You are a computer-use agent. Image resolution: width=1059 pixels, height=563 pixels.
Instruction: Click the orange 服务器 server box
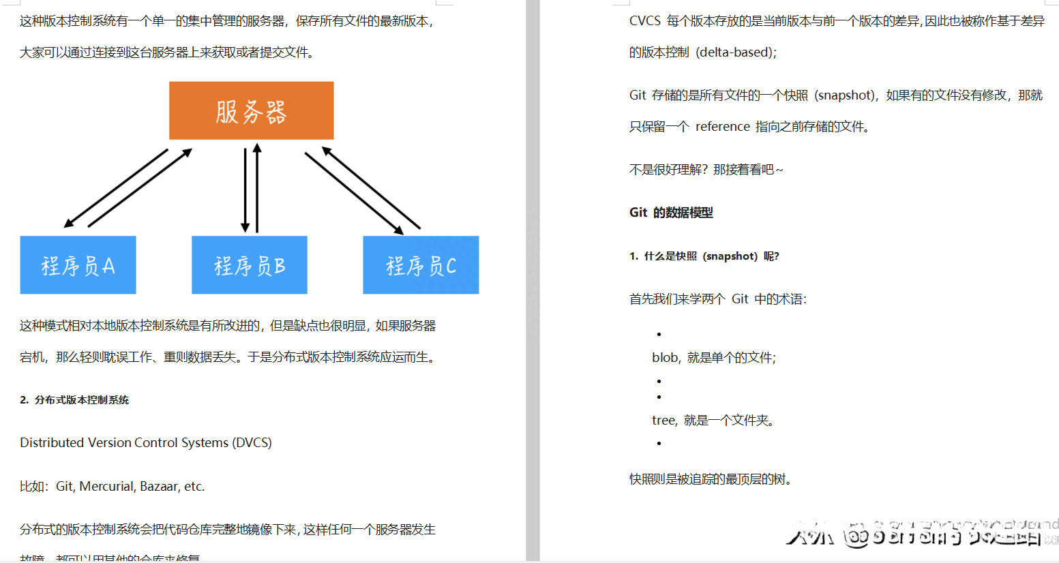coord(251,110)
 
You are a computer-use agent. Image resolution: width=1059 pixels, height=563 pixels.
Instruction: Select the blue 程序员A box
coord(78,265)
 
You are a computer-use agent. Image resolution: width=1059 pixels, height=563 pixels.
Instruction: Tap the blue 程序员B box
coord(250,265)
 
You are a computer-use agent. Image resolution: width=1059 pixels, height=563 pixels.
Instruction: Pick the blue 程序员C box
coord(421,265)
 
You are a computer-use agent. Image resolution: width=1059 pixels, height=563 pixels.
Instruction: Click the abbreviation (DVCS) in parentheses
coord(252,443)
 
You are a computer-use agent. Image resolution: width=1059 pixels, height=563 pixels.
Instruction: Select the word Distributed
coord(52,443)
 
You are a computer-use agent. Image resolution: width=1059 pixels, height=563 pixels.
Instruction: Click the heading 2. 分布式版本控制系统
coord(74,400)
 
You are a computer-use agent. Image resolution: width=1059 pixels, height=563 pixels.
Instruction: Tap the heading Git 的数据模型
coord(671,213)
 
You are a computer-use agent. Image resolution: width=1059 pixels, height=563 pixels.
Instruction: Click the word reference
coord(722,127)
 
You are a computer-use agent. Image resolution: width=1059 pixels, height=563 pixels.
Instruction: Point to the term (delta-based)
coord(736,52)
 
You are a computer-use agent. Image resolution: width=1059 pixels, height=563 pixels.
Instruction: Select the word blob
coord(665,358)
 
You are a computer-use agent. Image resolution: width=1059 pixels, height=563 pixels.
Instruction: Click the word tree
coord(663,421)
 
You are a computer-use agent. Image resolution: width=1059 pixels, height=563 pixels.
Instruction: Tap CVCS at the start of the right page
coord(644,21)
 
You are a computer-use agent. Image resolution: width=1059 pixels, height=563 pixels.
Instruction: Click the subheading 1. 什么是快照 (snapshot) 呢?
coord(704,256)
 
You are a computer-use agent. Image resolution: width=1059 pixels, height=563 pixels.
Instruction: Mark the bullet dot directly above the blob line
coord(659,334)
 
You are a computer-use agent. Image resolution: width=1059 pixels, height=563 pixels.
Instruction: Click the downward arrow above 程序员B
coord(245,190)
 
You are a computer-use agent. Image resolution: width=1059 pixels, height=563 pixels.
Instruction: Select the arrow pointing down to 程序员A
coord(115,188)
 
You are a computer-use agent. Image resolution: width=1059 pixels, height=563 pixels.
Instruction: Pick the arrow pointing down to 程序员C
coord(355,194)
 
